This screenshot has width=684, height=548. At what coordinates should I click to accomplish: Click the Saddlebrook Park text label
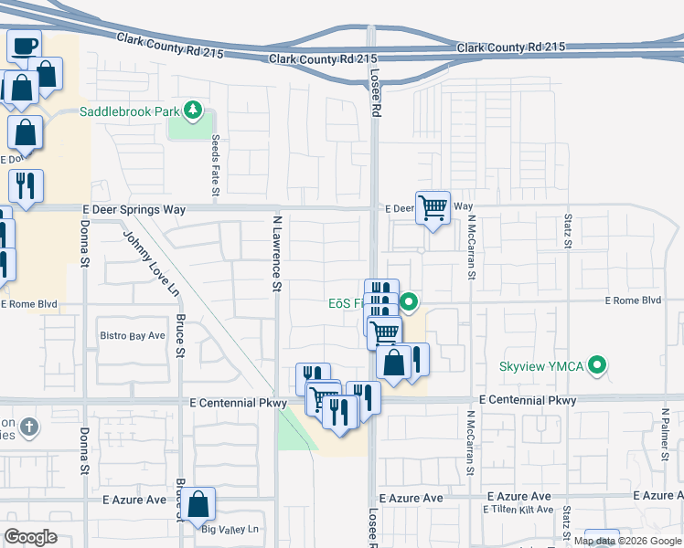pyautogui.click(x=130, y=111)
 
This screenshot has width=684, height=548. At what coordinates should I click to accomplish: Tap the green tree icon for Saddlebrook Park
pyautogui.click(x=192, y=111)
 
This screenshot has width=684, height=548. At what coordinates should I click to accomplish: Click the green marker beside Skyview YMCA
pyautogui.click(x=598, y=366)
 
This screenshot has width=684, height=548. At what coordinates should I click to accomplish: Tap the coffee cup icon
pyautogui.click(x=25, y=44)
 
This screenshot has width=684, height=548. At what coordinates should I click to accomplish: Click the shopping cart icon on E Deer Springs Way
pyautogui.click(x=433, y=207)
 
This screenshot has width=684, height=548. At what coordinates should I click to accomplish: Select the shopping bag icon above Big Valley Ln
pyautogui.click(x=198, y=504)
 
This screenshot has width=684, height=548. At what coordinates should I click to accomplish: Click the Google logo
pyautogui.click(x=30, y=537)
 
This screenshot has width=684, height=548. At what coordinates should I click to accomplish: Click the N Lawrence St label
pyautogui.click(x=275, y=253)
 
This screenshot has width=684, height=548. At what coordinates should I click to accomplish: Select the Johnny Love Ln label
pyautogui.click(x=151, y=264)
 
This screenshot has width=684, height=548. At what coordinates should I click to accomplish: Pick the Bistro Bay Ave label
pyautogui.click(x=132, y=336)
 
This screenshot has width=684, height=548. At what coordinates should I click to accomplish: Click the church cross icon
pyautogui.click(x=28, y=427)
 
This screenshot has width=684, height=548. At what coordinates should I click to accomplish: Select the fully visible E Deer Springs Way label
pyautogui.click(x=134, y=209)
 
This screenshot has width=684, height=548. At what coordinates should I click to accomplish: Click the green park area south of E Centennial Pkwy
pyautogui.click(x=294, y=429)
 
